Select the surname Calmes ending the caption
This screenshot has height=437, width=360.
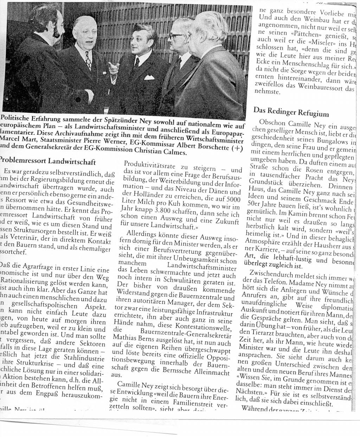[x=171, y=152]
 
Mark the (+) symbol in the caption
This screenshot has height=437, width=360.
[x=236, y=148]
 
